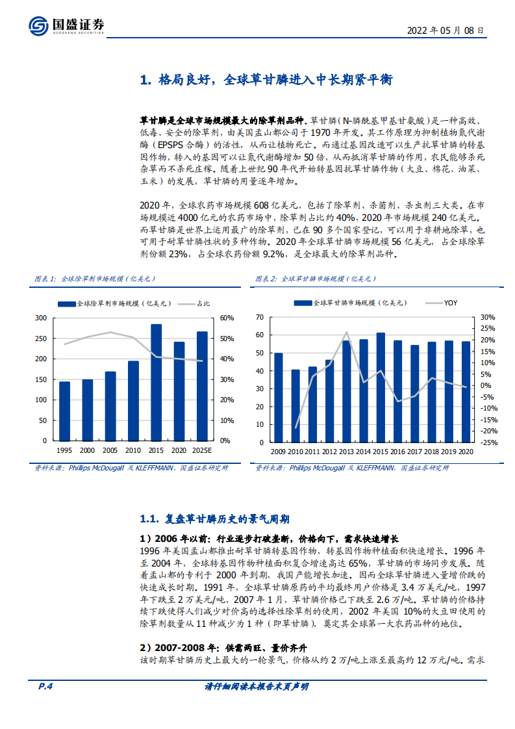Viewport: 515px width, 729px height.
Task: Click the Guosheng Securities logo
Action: pos(66,25)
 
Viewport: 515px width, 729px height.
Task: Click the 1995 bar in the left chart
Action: pos(64,411)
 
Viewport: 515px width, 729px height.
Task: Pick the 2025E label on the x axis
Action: pos(202,451)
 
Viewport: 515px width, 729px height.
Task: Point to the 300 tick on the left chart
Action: pos(41,318)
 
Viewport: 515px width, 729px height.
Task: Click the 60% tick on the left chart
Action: pos(227,318)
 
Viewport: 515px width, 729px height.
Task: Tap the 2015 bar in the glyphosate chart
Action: pos(381,387)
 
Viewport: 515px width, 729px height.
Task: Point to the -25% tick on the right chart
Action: pos(488,442)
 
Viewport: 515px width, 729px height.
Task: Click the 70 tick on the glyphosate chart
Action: pos(260,318)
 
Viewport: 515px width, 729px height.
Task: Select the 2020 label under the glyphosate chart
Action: pos(465,451)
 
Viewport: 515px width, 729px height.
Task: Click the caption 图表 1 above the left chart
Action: pos(45,279)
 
